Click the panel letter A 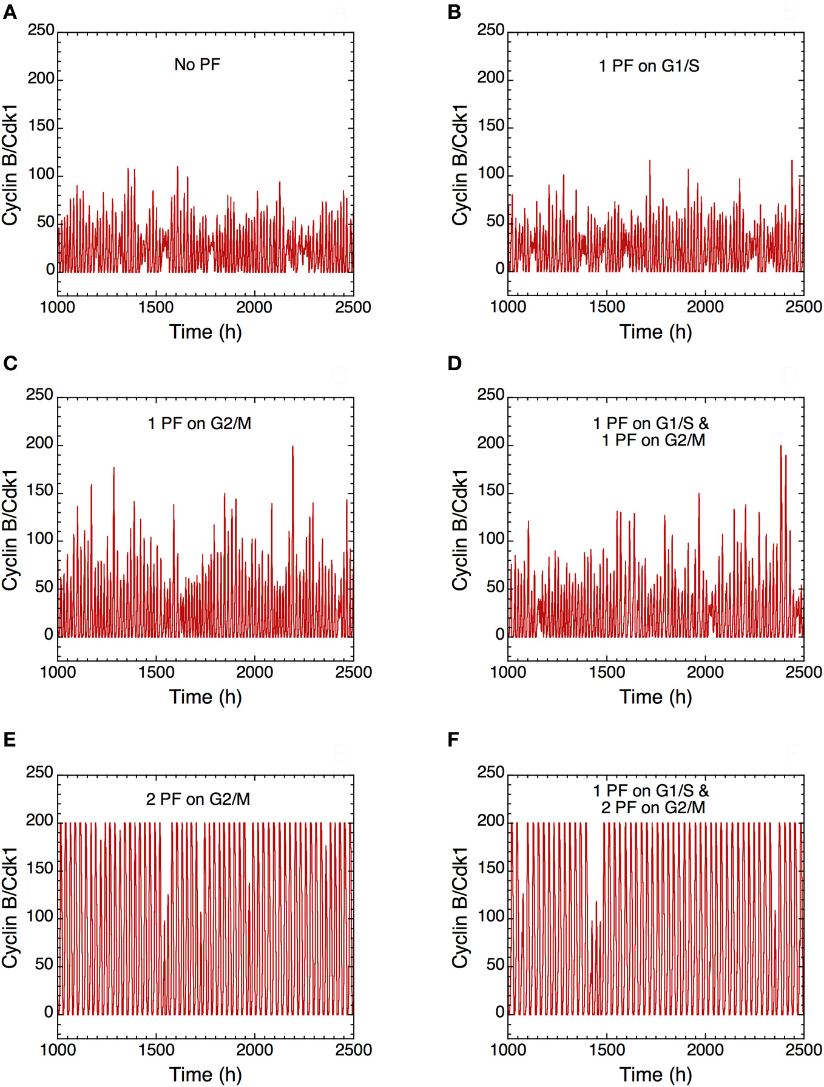tap(10, 12)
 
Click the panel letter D tap(454, 363)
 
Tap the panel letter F tap(453, 740)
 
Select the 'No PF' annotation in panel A tap(197, 64)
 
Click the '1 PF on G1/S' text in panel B tap(649, 66)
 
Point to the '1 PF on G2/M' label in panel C tap(200, 423)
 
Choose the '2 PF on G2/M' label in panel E tap(198, 799)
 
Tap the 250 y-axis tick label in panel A tap(41, 30)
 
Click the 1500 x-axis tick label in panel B tap(607, 307)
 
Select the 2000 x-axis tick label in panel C tap(254, 672)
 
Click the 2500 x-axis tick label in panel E tap(353, 1049)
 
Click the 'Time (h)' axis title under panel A tap(205, 332)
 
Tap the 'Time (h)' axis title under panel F tap(655, 1074)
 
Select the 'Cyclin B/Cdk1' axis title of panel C tap(10, 530)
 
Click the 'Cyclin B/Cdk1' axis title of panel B tap(461, 165)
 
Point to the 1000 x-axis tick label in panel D tap(508, 672)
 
